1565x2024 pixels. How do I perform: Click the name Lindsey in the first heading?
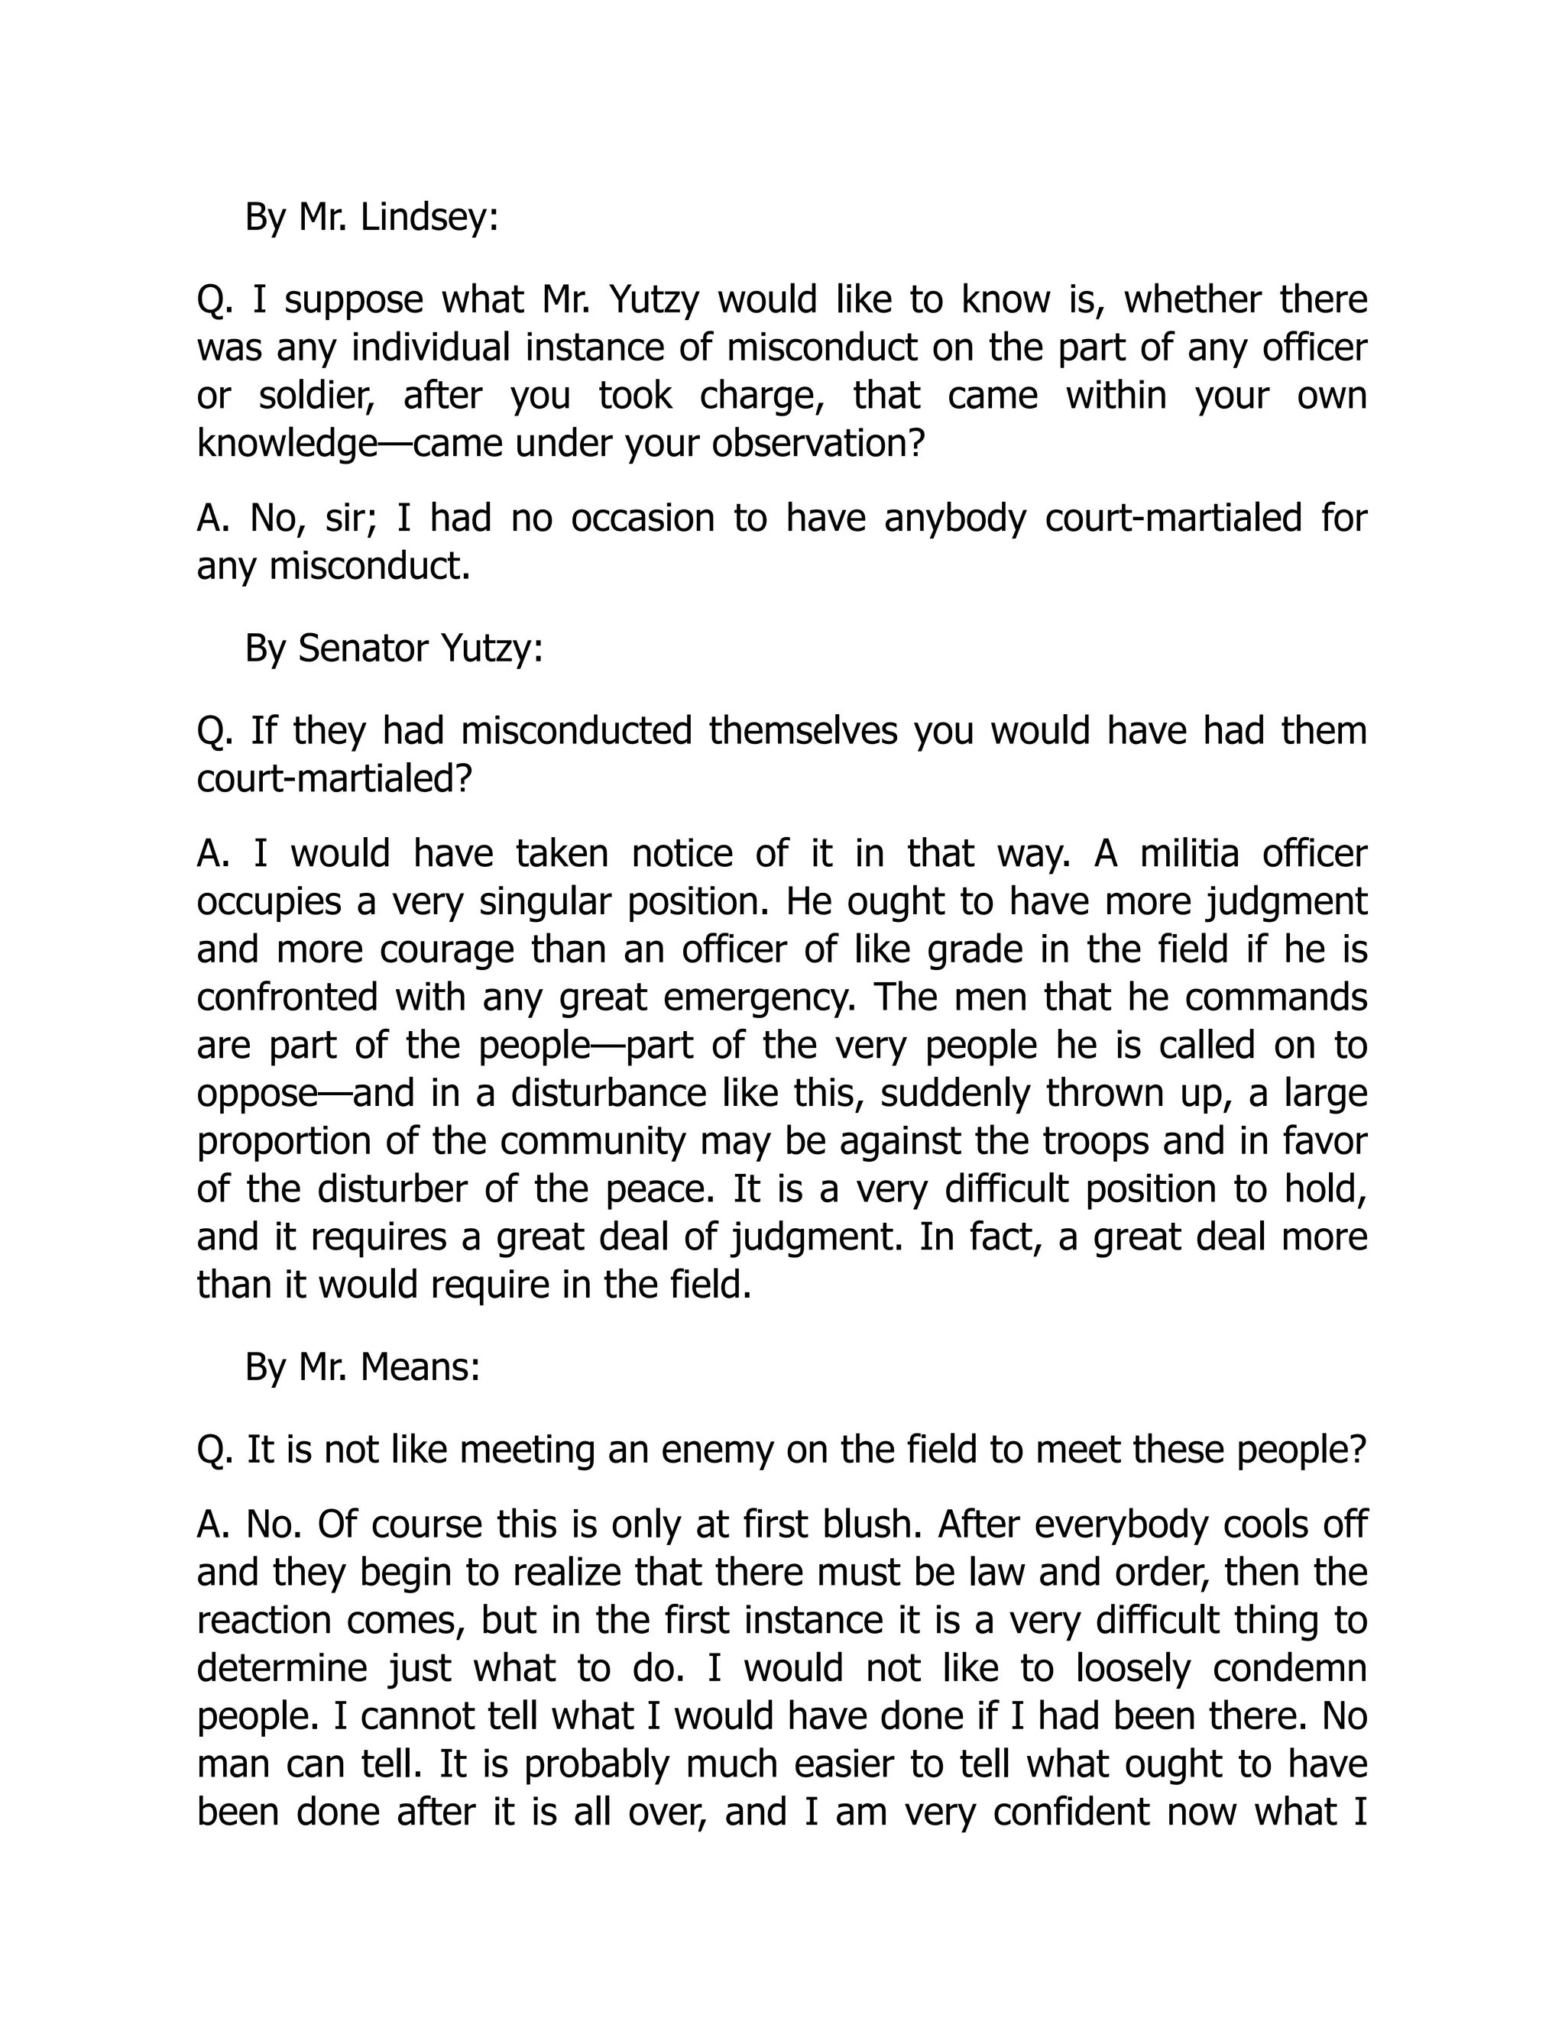tap(429, 218)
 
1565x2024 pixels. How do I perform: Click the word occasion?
tap(643, 518)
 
